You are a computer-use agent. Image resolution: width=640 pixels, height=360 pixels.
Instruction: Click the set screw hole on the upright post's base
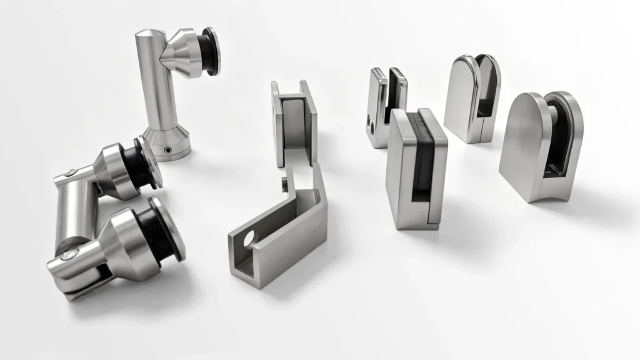167,150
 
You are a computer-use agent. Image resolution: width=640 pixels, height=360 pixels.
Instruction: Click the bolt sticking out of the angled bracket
284,183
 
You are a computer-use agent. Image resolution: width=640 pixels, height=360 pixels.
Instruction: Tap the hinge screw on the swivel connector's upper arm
73,173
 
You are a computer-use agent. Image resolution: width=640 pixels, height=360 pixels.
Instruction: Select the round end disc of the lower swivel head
168,229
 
